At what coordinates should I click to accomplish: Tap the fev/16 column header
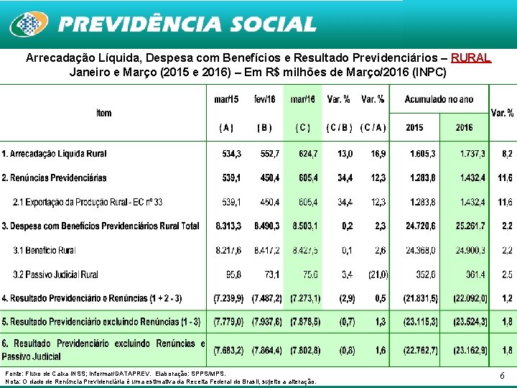pyautogui.click(x=264, y=98)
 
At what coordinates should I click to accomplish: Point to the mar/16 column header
pyautogui.click(x=302, y=98)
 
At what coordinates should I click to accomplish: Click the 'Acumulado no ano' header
pyautogui.click(x=439, y=98)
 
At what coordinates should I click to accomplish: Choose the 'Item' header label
pyautogui.click(x=103, y=113)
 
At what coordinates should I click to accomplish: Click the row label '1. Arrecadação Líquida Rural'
pyautogui.click(x=54, y=154)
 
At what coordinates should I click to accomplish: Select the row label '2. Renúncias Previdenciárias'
pyautogui.click(x=54, y=177)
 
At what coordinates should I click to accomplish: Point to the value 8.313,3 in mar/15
pyautogui.click(x=228, y=226)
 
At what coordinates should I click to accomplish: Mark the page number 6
pyautogui.click(x=502, y=375)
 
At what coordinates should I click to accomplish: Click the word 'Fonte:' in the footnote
pyautogui.click(x=14, y=374)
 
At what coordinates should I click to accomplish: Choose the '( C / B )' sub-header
pyautogui.click(x=339, y=128)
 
